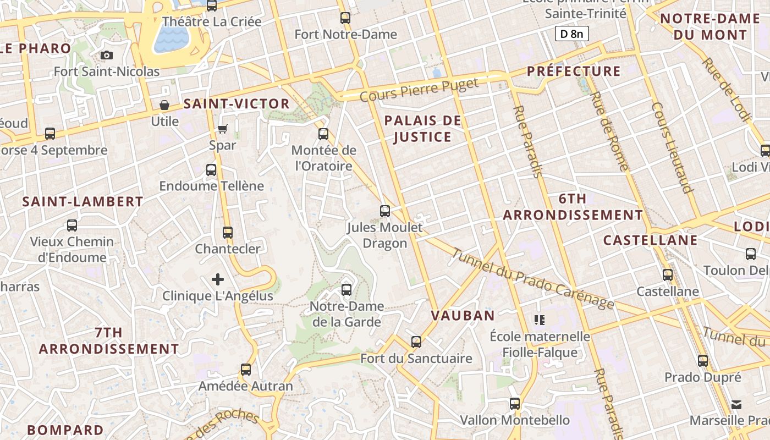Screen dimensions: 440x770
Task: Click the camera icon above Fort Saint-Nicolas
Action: (107, 55)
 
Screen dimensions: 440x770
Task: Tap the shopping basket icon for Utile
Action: (164, 105)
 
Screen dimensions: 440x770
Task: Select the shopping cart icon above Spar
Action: (222, 129)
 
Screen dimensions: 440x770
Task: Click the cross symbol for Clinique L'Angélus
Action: (218, 279)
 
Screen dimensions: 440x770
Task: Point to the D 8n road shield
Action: (571, 34)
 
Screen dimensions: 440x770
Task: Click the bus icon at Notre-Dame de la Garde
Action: (346, 289)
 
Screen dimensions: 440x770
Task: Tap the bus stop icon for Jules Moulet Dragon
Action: (385, 211)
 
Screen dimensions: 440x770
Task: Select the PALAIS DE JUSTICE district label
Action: (422, 129)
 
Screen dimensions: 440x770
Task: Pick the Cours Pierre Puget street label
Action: (419, 90)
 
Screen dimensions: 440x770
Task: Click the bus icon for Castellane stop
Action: (668, 274)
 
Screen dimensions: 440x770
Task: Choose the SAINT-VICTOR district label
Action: (237, 103)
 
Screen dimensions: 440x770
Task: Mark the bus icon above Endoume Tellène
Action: (211, 169)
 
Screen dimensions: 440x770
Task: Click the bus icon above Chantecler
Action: (228, 232)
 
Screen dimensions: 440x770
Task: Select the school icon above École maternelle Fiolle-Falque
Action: (540, 319)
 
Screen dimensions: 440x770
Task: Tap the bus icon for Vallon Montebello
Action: (515, 403)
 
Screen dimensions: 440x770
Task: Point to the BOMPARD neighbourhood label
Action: (65, 430)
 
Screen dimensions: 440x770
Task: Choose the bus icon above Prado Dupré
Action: (703, 361)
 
